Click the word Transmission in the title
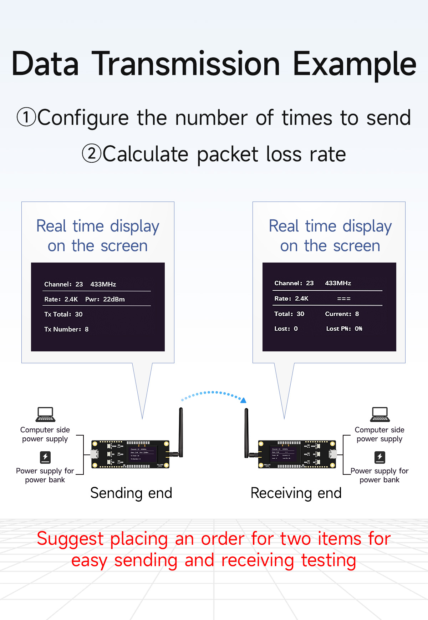(186, 64)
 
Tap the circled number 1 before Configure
(26, 117)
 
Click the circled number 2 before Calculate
(92, 154)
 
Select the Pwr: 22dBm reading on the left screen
(105, 299)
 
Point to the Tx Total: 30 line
(63, 314)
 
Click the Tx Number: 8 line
(66, 329)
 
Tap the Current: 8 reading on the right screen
(342, 314)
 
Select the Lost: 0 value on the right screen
(286, 329)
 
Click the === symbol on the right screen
(344, 299)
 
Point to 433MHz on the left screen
(103, 284)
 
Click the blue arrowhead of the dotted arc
(244, 400)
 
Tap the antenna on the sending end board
(181, 432)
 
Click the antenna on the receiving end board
(246, 432)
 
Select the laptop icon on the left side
(45, 414)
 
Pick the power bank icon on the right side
(379, 457)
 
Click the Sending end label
(131, 493)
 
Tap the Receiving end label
(296, 493)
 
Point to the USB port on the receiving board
(333, 454)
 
